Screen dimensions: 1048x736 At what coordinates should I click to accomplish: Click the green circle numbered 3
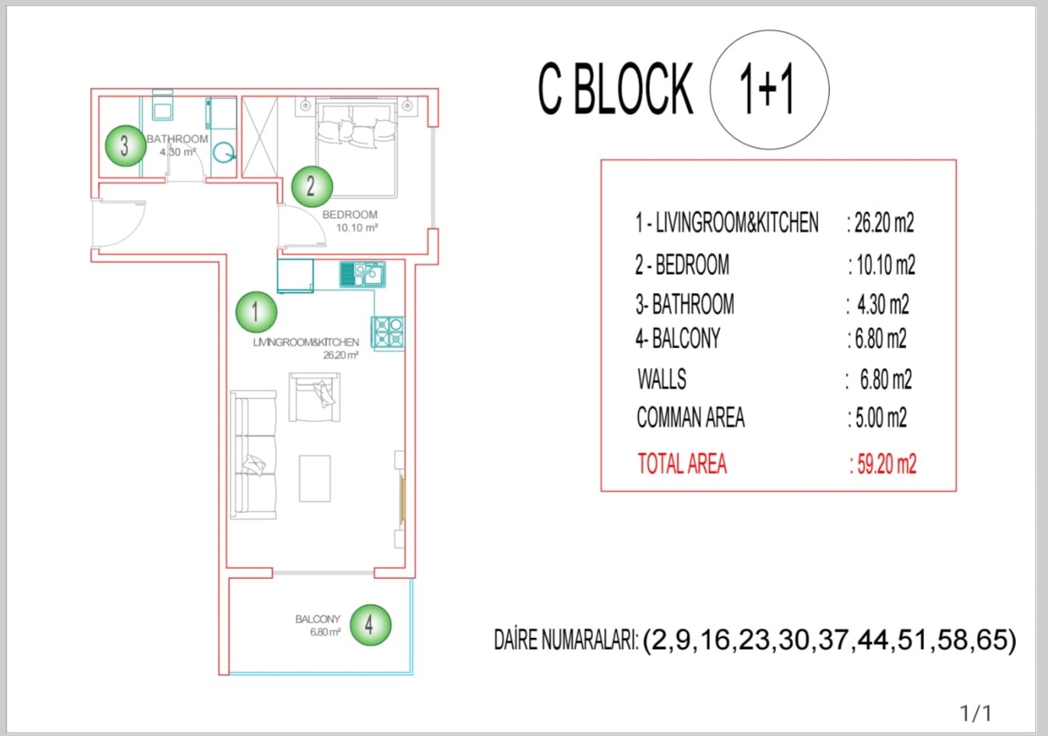point(125,146)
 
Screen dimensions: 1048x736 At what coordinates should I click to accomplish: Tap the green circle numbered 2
point(312,187)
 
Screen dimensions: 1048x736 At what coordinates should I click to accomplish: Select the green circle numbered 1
point(256,312)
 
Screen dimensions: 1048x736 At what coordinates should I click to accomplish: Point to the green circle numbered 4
point(370,625)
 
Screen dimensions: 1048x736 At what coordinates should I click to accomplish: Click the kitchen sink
point(362,274)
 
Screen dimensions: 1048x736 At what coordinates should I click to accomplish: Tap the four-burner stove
point(388,333)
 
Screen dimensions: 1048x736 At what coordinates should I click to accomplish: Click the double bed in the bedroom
point(357,148)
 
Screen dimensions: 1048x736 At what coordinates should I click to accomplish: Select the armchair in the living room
point(315,397)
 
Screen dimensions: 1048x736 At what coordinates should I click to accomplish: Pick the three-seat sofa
point(253,455)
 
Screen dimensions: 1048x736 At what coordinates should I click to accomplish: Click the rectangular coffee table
point(315,478)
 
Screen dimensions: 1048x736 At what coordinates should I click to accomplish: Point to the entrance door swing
point(119,224)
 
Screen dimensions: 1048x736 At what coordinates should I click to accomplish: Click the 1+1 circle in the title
point(770,90)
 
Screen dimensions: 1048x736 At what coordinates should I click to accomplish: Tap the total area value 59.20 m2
point(884,464)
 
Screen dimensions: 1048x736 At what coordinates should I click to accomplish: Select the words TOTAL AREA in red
point(682,464)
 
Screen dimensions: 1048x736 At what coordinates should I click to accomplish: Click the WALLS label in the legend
point(662,379)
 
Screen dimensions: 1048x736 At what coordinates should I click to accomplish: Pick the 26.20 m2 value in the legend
point(880,223)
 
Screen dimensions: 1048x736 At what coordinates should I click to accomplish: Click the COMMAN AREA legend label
point(690,417)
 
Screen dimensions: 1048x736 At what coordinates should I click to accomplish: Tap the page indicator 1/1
point(976,713)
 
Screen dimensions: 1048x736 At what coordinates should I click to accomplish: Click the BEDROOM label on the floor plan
point(350,215)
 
